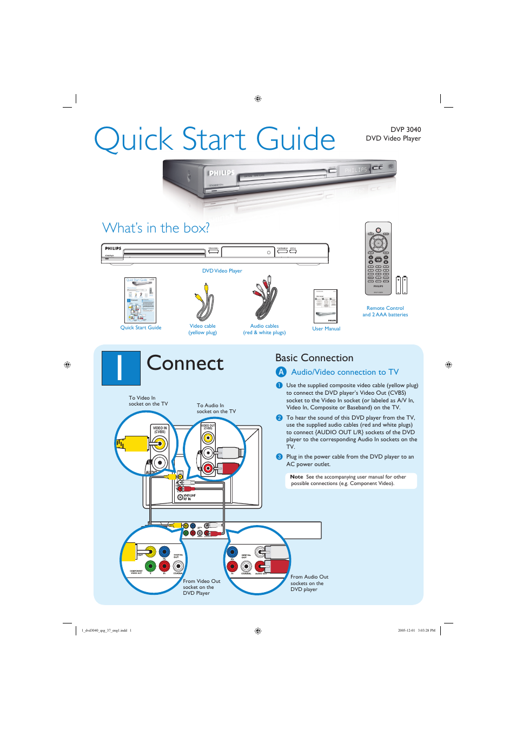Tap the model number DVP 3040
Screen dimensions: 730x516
point(405,130)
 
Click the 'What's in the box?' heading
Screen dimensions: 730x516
point(156,228)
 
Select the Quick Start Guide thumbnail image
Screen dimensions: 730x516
point(140,300)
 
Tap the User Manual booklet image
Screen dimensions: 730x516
point(325,306)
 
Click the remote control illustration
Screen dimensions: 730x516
point(378,258)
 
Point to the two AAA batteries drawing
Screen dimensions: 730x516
point(401,285)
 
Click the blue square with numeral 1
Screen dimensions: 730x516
point(121,368)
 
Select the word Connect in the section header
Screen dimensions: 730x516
point(185,363)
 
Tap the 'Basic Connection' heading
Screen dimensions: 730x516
point(314,358)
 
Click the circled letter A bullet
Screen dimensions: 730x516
point(281,372)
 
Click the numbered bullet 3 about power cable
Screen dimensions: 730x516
point(279,457)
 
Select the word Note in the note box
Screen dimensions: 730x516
point(296,477)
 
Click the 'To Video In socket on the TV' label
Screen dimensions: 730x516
point(148,401)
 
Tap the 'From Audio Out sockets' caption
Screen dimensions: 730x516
point(309,583)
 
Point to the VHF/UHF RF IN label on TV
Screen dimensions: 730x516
point(189,497)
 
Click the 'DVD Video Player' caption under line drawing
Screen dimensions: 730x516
point(222,271)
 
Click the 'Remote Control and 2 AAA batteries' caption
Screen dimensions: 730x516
point(385,311)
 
